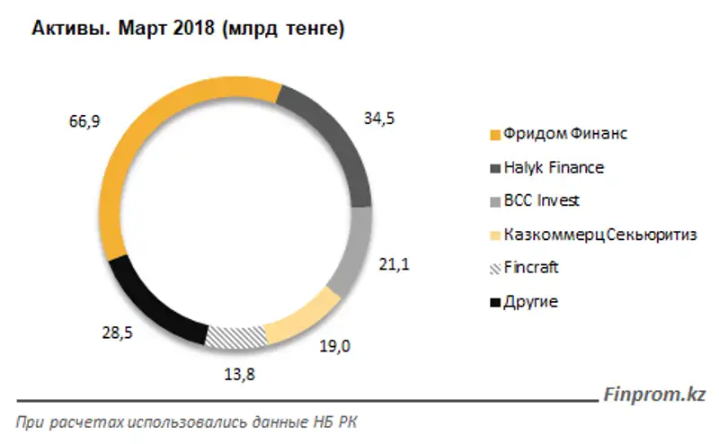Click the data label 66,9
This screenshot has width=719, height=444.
pos(76,122)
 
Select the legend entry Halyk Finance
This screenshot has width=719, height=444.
pos(554,167)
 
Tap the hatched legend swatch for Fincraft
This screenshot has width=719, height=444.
pos(493,268)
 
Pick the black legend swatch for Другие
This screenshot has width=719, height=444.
pos(493,302)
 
